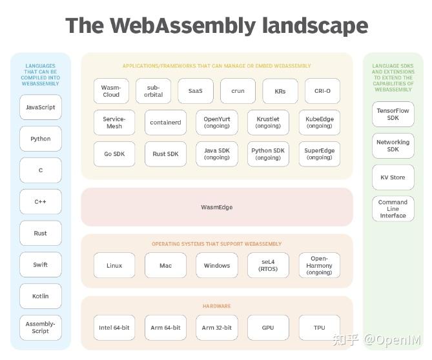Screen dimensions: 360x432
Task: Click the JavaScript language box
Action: pyautogui.click(x=40, y=107)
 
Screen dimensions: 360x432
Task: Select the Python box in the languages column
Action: pyautogui.click(x=40, y=139)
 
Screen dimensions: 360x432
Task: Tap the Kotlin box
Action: pyautogui.click(x=40, y=296)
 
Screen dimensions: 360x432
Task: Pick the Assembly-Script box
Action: pyautogui.click(x=40, y=328)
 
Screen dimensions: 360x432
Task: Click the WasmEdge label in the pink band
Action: pyautogui.click(x=217, y=207)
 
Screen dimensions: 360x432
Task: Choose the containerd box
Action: pyautogui.click(x=165, y=123)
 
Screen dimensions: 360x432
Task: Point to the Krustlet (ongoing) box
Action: pyautogui.click(x=268, y=123)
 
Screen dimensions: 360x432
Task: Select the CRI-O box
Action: pyautogui.click(x=318, y=91)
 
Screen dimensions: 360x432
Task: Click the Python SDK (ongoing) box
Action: pyautogui.click(x=268, y=154)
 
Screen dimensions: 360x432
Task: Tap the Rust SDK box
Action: pyautogui.click(x=165, y=154)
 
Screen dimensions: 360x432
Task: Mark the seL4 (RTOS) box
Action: pyautogui.click(x=268, y=265)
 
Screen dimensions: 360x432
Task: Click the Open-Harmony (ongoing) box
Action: pyautogui.click(x=319, y=265)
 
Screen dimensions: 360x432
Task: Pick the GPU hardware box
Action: pyautogui.click(x=268, y=328)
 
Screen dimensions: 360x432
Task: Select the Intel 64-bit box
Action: pyautogui.click(x=114, y=328)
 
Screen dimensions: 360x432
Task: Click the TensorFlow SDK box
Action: pyautogui.click(x=393, y=114)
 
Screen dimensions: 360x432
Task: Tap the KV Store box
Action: pyautogui.click(x=393, y=177)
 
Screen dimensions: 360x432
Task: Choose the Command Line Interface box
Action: pyautogui.click(x=393, y=209)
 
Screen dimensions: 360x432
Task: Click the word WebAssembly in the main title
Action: pyautogui.click(x=183, y=26)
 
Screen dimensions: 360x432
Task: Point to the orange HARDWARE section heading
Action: pyautogui.click(x=217, y=306)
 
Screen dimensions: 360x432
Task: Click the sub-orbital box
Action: pyautogui.click(x=154, y=91)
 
